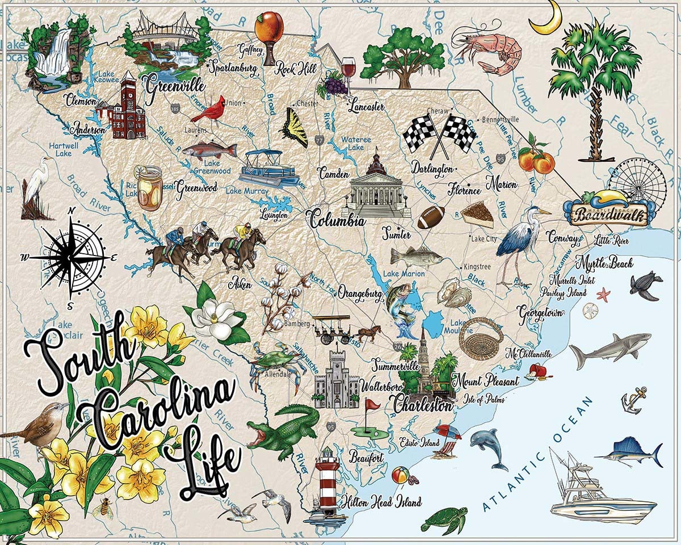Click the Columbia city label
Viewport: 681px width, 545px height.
coord(337,219)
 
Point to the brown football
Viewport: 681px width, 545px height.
coord(431,217)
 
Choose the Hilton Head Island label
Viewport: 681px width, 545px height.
coord(381,502)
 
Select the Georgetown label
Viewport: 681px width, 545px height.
coord(540,312)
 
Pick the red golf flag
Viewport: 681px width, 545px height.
coord(371,405)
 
